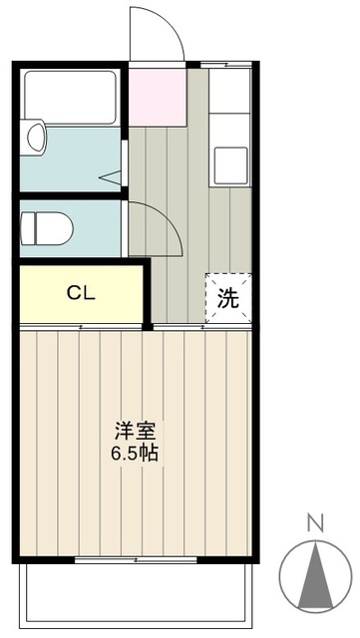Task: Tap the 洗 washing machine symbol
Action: point(228,298)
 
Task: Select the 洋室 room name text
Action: point(135,432)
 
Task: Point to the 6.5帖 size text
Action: point(135,452)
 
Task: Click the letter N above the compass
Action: point(315,523)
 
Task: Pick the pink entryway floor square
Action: point(158,95)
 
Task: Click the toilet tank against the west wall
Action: point(26,226)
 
